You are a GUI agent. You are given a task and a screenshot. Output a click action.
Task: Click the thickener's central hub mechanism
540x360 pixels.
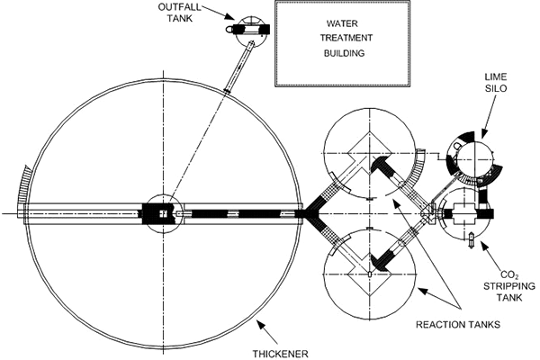tap(163, 213)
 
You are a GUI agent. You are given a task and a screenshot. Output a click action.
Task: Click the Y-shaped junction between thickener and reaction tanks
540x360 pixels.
tap(311, 213)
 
